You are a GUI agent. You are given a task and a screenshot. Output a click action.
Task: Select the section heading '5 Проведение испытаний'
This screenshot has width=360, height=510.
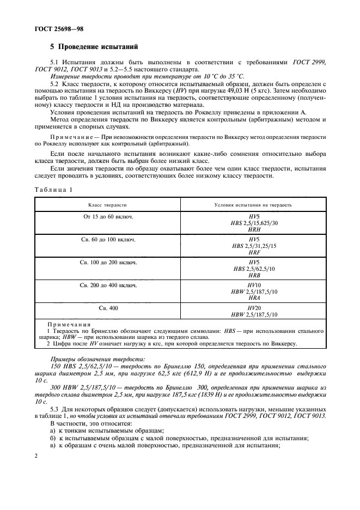click(94, 47)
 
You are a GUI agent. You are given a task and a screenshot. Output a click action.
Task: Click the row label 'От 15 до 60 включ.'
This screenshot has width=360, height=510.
click(108, 217)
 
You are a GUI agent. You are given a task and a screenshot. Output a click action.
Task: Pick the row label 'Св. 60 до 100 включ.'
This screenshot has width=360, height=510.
click(108, 240)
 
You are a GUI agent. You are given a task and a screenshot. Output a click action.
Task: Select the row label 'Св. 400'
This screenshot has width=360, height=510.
click(108, 308)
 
